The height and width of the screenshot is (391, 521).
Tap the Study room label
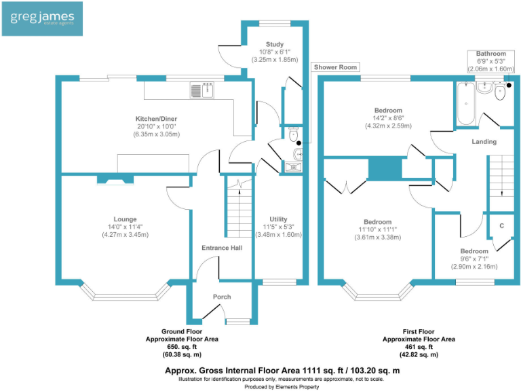click(x=275, y=45)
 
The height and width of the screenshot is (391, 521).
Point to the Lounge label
click(x=125, y=219)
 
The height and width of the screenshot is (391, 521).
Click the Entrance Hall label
click(x=222, y=248)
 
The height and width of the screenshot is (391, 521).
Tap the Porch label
click(x=222, y=297)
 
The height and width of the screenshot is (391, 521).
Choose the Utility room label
click(x=277, y=219)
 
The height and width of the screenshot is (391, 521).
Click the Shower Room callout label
click(x=335, y=68)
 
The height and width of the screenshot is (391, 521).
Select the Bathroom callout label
click(x=490, y=53)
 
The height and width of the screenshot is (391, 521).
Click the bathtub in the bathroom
click(x=465, y=104)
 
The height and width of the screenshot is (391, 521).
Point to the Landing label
click(x=484, y=142)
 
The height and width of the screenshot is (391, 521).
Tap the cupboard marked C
click(x=502, y=225)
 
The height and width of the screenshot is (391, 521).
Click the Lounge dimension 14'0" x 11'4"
click(x=125, y=227)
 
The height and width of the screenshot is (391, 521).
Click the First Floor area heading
click(x=419, y=331)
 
